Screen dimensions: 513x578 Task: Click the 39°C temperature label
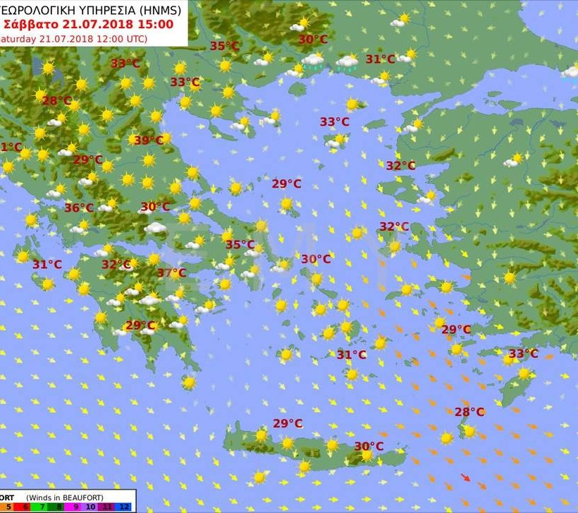point(148,140)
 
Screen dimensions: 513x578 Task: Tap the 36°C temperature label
point(79,207)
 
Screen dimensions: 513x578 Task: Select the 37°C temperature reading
point(171,272)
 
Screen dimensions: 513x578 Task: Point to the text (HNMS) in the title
point(159,9)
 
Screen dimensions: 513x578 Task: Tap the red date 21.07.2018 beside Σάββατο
point(99,23)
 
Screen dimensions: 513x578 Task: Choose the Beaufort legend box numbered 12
point(124,506)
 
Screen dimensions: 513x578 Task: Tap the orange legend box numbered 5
point(6,506)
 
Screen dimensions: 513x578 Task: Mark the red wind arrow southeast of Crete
point(465,477)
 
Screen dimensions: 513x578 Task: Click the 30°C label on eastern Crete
point(369,446)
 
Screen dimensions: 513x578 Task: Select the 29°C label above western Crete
point(288,423)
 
